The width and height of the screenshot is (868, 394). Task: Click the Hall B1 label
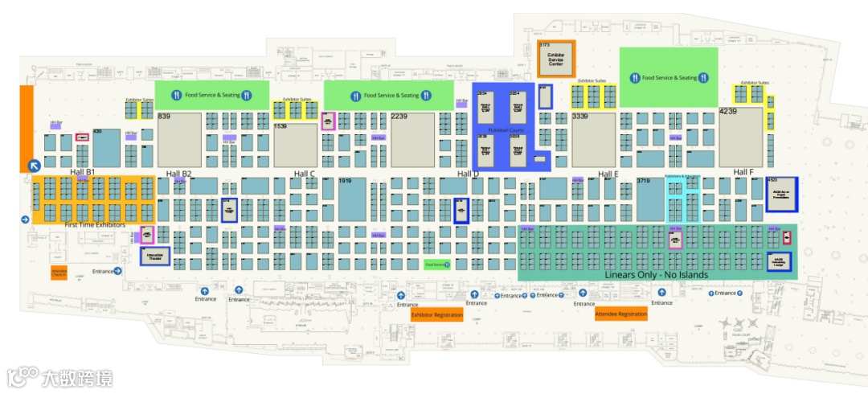coord(83,172)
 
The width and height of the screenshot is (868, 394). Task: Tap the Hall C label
coord(305,174)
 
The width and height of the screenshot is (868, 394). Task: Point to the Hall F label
coord(743,172)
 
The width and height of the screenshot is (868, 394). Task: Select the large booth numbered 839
coord(179,139)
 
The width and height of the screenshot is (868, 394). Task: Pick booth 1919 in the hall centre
coord(352,199)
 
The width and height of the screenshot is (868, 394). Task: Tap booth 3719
coord(649,199)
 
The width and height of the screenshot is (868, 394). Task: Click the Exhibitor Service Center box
coord(555,60)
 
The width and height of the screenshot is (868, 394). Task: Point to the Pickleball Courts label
coord(506,129)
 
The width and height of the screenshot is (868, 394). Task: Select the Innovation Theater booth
coord(155,257)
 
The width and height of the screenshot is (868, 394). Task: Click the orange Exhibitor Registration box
coord(436,315)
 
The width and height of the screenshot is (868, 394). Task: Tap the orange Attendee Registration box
coord(620,314)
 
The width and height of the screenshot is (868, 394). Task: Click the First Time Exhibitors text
coord(95,225)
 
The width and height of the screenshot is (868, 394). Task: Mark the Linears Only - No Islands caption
coord(656,275)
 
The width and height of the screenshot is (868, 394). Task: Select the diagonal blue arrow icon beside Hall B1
coord(35,166)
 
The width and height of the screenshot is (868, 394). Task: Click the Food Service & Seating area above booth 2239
coord(389,95)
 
